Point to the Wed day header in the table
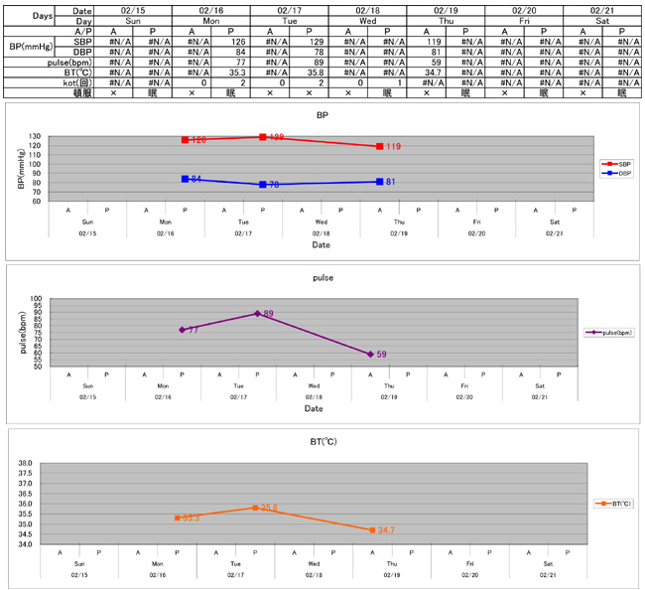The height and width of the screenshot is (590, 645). pyautogui.click(x=367, y=20)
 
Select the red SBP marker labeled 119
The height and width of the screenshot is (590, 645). pyautogui.click(x=378, y=146)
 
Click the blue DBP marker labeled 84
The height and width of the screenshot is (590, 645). pyautogui.click(x=185, y=179)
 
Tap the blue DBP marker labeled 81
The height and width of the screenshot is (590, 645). pyautogui.click(x=378, y=182)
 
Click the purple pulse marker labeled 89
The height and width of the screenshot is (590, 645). pyautogui.click(x=257, y=314)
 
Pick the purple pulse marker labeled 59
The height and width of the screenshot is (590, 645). pyautogui.click(x=370, y=354)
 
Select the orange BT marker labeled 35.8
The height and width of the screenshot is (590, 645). pyautogui.click(x=255, y=508)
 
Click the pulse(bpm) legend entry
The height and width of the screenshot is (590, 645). pyautogui.click(x=608, y=333)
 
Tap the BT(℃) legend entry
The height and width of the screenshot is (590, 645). pyautogui.click(x=611, y=504)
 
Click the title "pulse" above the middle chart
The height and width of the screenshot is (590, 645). pyautogui.click(x=322, y=278)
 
